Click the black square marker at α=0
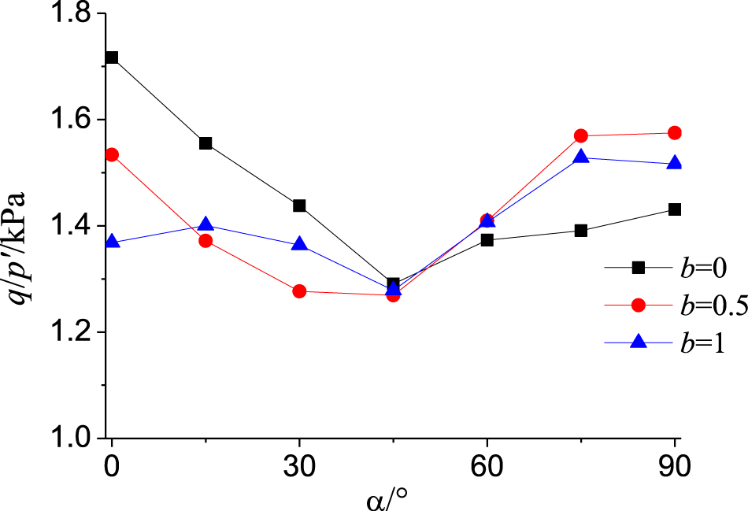(x=112, y=57)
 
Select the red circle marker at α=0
(x=112, y=155)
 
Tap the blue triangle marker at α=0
(x=112, y=242)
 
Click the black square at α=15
(x=206, y=143)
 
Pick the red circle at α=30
(x=299, y=291)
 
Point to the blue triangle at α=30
(x=299, y=244)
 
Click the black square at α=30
(x=299, y=206)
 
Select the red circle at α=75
(x=581, y=136)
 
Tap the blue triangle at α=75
(x=581, y=157)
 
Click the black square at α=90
(x=675, y=209)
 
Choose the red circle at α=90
(x=675, y=133)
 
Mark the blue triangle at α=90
(x=675, y=163)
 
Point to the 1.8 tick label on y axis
(x=69, y=15)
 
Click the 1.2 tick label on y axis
(x=69, y=332)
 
